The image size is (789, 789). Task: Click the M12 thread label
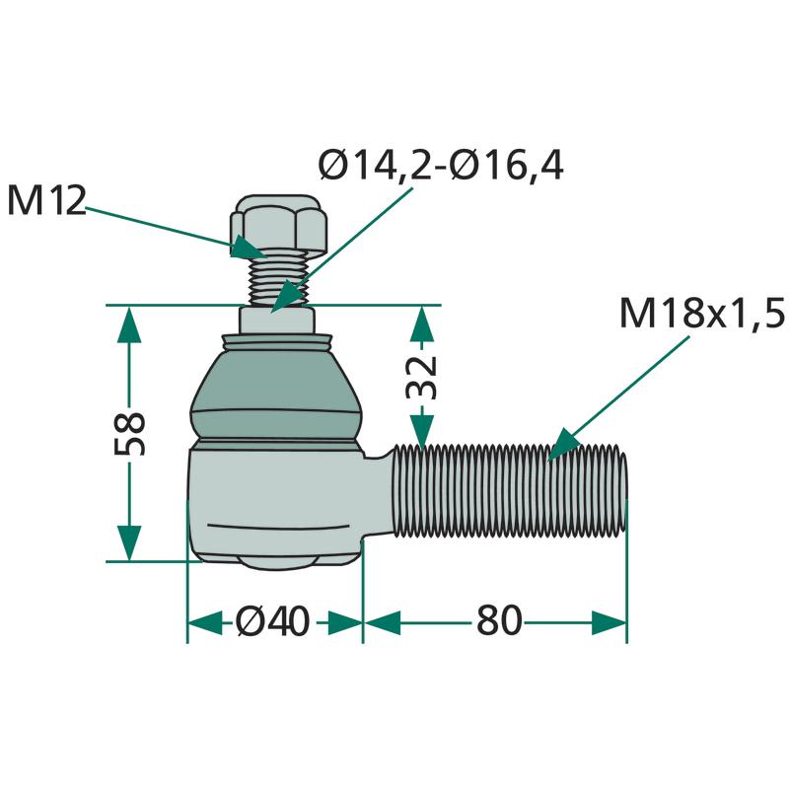click(x=46, y=201)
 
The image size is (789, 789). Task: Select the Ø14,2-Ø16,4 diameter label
click(x=441, y=165)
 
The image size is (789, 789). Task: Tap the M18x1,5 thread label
click(x=702, y=313)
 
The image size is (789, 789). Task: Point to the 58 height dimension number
click(x=129, y=433)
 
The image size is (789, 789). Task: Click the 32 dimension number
click(x=422, y=378)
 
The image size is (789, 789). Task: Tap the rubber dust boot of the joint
click(x=276, y=389)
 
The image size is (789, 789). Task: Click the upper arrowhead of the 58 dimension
click(x=129, y=324)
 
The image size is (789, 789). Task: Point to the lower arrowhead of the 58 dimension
click(x=129, y=543)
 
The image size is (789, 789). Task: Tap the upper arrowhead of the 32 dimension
click(x=422, y=324)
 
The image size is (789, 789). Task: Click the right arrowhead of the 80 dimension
click(x=609, y=622)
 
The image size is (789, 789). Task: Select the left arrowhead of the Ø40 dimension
click(x=205, y=622)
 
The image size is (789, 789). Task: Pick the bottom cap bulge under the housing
click(x=277, y=563)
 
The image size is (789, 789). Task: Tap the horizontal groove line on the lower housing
click(x=278, y=527)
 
